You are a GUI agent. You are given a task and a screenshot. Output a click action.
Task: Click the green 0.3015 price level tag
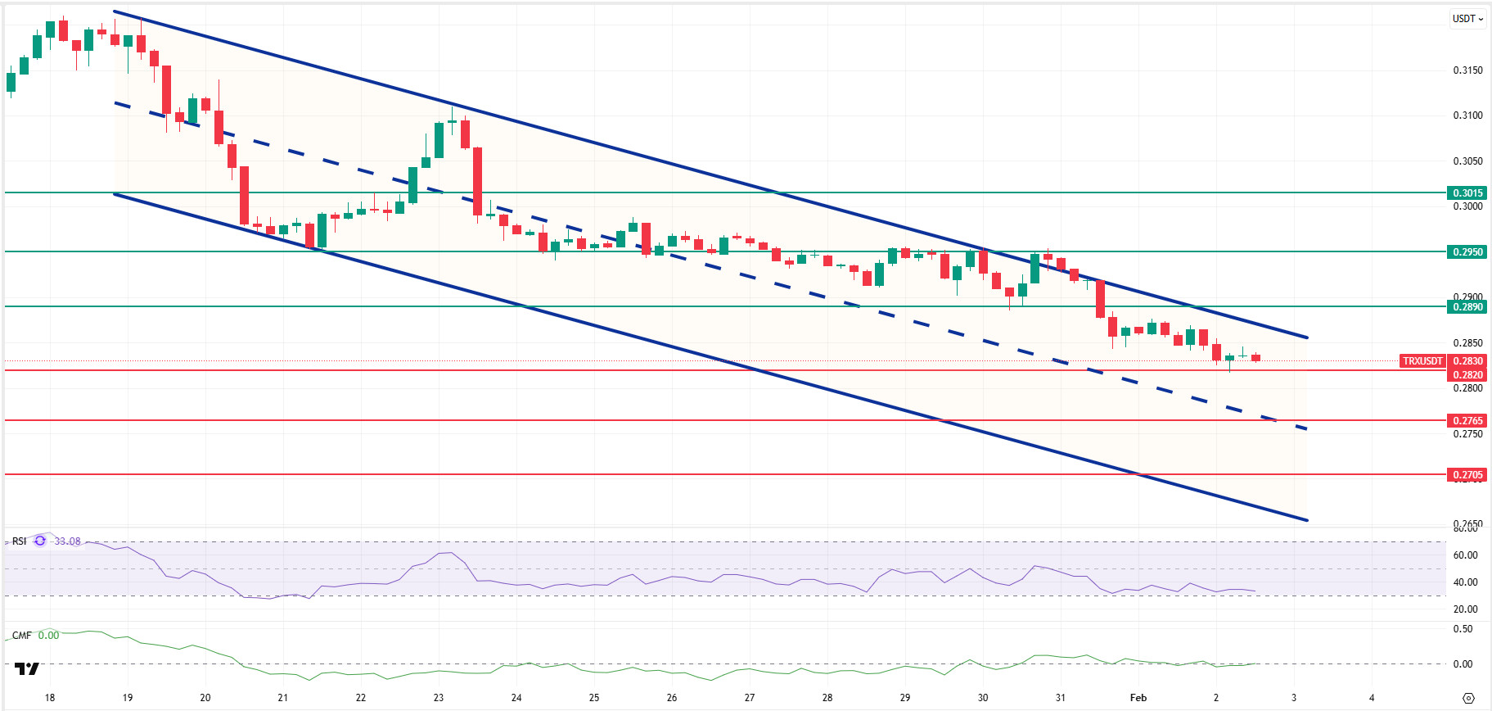1467,193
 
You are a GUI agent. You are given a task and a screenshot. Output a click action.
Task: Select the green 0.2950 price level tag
1467,252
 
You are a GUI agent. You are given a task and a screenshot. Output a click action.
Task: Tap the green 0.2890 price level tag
1467,307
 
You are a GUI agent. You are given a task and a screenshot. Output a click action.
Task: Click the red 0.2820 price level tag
1467,375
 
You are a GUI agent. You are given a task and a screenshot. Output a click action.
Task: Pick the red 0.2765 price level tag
1467,421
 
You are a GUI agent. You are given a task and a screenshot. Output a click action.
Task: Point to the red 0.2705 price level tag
1467,475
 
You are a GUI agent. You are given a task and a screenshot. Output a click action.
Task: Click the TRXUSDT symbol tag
1422,361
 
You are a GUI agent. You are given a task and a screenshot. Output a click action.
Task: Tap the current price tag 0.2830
1467,361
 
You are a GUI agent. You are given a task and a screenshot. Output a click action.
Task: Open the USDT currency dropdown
1467,19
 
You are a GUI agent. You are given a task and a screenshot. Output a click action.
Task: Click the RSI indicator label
19,541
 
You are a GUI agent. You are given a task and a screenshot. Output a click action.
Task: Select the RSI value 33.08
67,541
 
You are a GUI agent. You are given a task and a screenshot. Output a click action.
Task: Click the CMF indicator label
21,636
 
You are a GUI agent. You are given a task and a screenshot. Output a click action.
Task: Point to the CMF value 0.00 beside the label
48,636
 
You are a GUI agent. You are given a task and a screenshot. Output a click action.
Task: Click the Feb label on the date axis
1138,698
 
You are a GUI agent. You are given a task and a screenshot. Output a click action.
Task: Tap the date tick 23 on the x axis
439,698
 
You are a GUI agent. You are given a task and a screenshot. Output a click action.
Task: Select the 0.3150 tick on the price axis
1467,70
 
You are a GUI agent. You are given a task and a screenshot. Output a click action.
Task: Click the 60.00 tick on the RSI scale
1465,555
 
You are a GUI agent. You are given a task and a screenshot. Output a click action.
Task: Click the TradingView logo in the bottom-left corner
27,669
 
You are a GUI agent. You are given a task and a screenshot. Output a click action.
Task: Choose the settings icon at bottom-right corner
1468,699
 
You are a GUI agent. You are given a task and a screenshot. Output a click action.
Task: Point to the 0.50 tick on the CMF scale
1463,629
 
